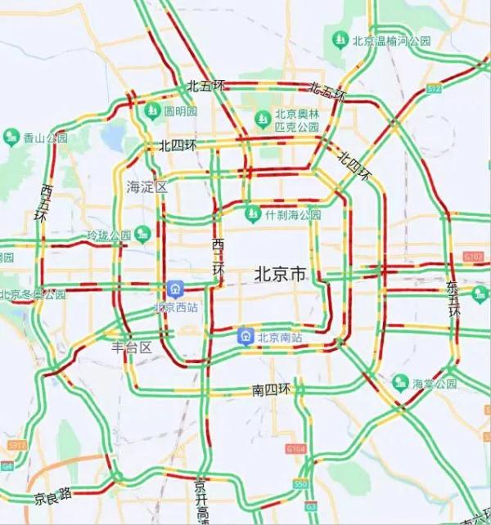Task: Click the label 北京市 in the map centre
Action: (x=280, y=274)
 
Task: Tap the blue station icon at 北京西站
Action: (x=174, y=289)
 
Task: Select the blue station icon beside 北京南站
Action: (x=245, y=335)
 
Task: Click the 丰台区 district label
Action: (x=132, y=347)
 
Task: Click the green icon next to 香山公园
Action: (x=11, y=137)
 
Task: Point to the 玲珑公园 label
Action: (x=109, y=236)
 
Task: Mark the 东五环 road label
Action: (x=453, y=299)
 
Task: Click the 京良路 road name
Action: (x=52, y=495)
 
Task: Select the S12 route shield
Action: (x=434, y=87)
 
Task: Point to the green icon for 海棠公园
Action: (x=400, y=382)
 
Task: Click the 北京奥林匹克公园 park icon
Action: (x=263, y=120)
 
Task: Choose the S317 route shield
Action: (x=16, y=445)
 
